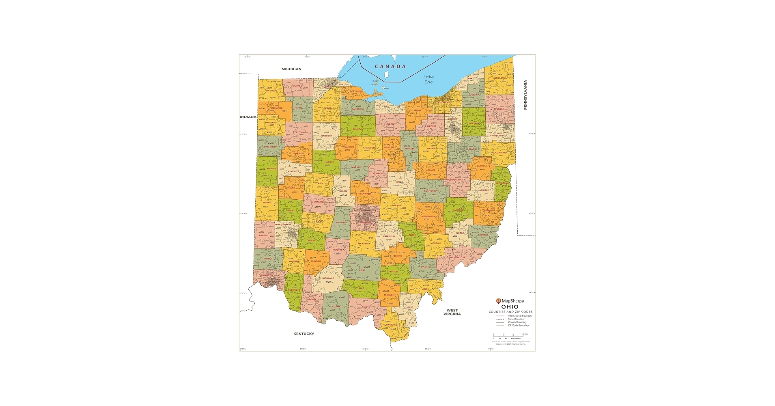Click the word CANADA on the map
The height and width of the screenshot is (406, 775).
[x=390, y=67]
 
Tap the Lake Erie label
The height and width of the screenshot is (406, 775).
[x=428, y=79]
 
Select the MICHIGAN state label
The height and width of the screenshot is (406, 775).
[x=291, y=69]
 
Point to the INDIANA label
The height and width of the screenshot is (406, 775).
[x=248, y=117]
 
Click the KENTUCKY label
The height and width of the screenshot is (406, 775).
[x=304, y=334]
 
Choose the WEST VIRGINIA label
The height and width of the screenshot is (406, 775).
[x=452, y=312]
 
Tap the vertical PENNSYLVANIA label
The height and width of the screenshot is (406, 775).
[x=525, y=95]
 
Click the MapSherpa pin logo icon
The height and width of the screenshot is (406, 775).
[x=499, y=301]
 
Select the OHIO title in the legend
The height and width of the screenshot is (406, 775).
[x=510, y=307]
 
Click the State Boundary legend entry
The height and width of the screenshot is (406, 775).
[x=516, y=319]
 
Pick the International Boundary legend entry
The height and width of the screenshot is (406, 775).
[x=519, y=316]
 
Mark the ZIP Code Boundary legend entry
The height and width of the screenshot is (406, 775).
[x=518, y=325]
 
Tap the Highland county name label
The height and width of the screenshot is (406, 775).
[x=328, y=278]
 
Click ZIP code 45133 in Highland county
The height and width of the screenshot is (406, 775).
[x=329, y=282]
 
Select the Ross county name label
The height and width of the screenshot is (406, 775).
[x=362, y=270]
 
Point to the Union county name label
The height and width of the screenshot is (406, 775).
[x=343, y=191]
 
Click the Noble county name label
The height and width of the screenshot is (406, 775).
[x=460, y=233]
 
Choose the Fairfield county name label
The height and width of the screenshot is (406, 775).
[x=389, y=236]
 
